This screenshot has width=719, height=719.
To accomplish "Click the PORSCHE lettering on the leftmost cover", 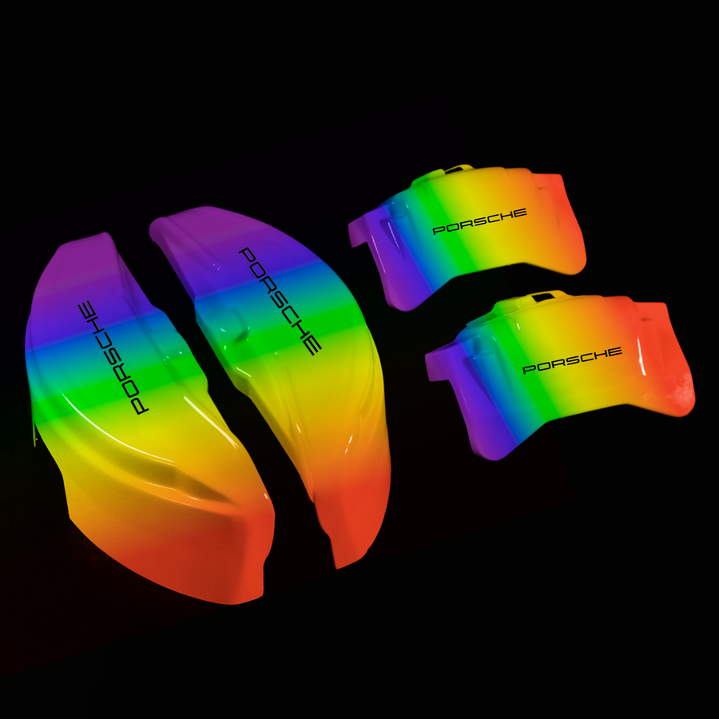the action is point(113,358).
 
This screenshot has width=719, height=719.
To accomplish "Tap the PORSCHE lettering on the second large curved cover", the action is point(280,301).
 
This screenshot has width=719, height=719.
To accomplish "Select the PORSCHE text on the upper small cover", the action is point(479,221).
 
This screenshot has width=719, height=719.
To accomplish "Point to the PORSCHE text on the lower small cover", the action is point(572,360).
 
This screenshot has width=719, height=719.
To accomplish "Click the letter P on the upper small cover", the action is point(439,230).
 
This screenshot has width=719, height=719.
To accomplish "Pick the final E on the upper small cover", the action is point(519,213).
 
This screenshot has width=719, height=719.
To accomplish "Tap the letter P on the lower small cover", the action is point(530,368).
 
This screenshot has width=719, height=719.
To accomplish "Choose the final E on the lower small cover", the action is point(614,352).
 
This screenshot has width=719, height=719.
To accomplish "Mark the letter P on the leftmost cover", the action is point(139,407).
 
